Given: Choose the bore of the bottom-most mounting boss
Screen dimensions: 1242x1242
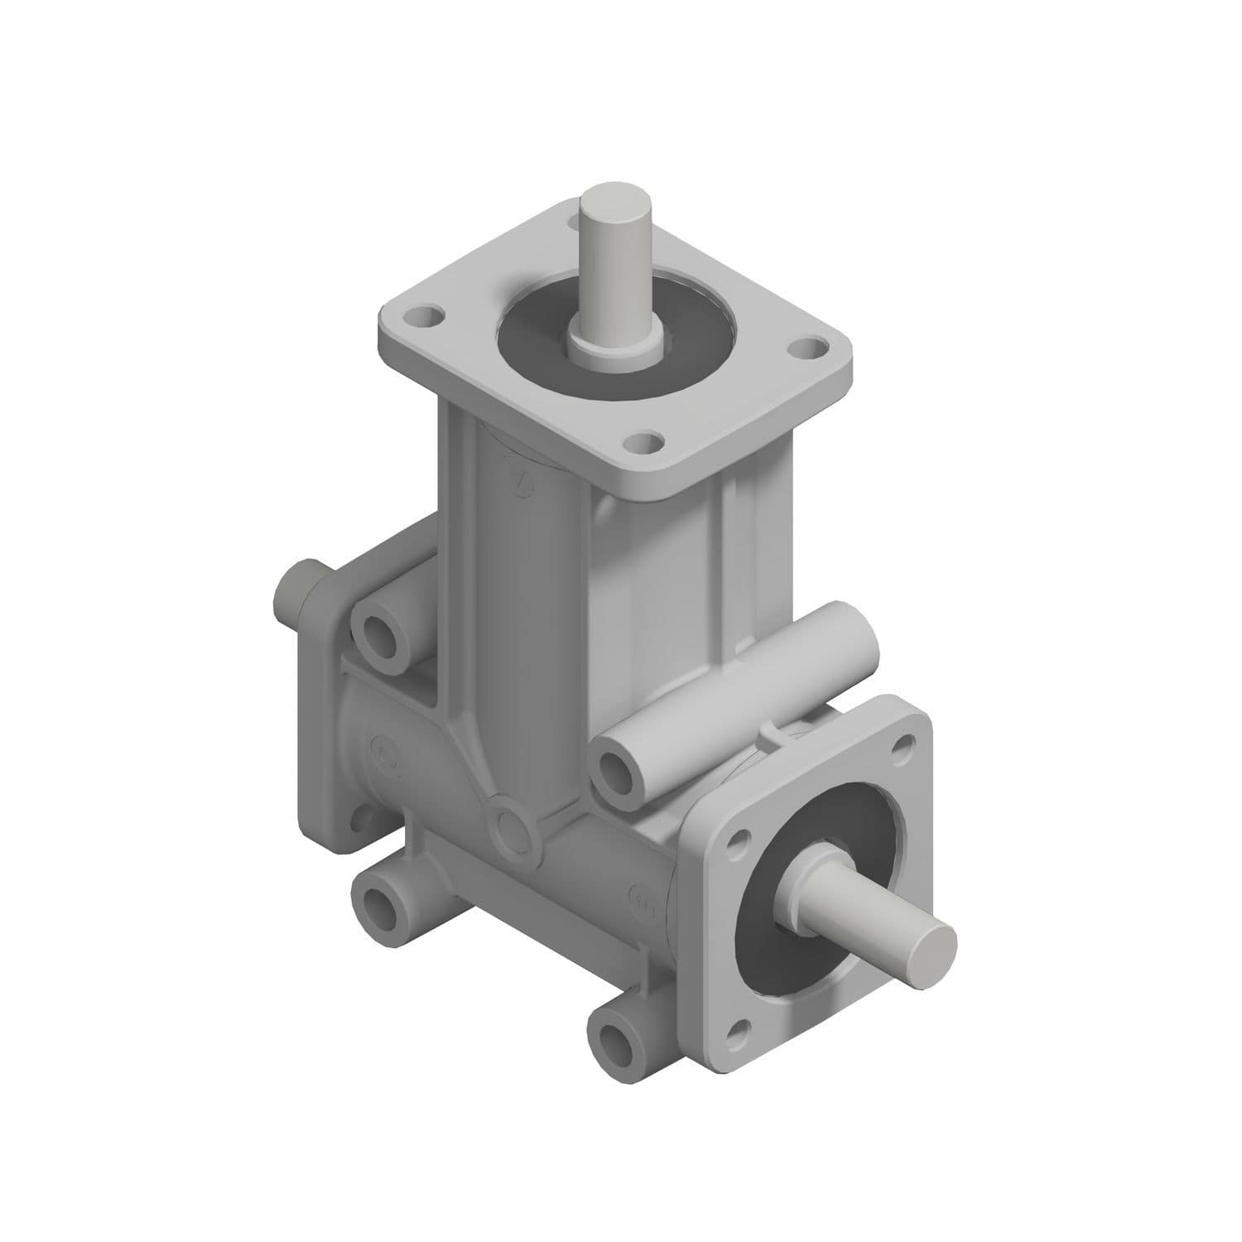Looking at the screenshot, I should click(x=618, y=1033).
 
